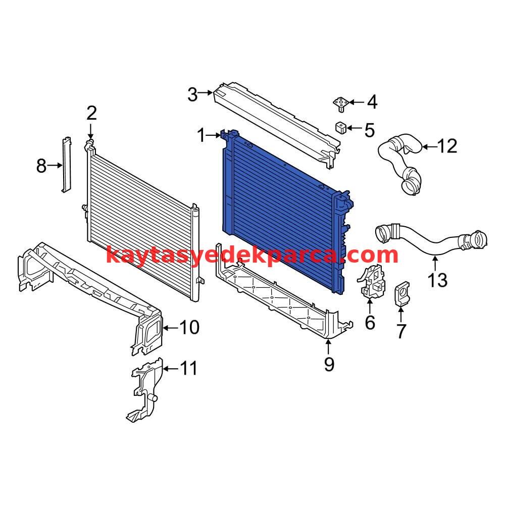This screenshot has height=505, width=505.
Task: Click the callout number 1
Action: (x=201, y=135)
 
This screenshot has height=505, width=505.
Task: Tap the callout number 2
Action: (x=91, y=113)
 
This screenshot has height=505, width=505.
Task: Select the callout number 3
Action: (x=192, y=95)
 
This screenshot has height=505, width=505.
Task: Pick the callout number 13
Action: (x=438, y=280)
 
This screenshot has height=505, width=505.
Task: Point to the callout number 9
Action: (x=329, y=364)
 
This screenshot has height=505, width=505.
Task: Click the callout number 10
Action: (x=189, y=327)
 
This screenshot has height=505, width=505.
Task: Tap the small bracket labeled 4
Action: (x=341, y=105)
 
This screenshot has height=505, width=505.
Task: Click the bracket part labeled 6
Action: (x=371, y=281)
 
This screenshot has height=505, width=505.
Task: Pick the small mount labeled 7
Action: (x=402, y=294)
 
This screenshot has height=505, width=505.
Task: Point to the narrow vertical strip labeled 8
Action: (x=66, y=165)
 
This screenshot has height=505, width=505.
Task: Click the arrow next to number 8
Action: (x=55, y=165)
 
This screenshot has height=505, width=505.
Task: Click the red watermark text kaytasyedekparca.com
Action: (x=252, y=255)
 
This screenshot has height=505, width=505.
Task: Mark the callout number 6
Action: (x=370, y=322)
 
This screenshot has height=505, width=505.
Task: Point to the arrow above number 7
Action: (x=400, y=314)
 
